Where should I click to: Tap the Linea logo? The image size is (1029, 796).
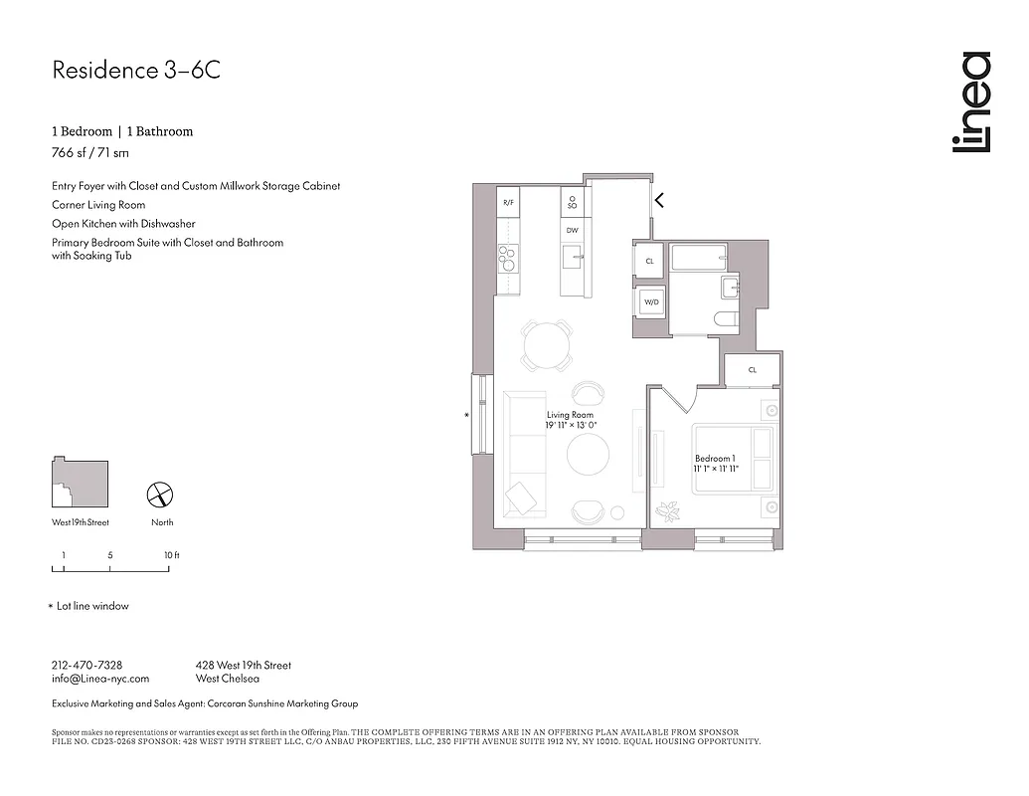click(x=970, y=102)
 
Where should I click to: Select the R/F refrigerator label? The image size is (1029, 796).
click(x=508, y=202)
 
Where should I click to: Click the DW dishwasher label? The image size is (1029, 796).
click(x=572, y=230)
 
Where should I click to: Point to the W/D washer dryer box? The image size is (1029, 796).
click(x=650, y=301)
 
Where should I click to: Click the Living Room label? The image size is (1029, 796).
click(x=570, y=415)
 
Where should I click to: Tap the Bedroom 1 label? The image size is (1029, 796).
click(x=715, y=459)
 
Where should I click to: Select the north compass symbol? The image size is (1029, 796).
click(x=161, y=495)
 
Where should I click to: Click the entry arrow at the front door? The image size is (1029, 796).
click(x=658, y=200)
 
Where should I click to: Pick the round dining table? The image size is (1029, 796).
click(x=548, y=346)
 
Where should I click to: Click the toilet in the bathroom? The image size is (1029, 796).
click(x=724, y=318)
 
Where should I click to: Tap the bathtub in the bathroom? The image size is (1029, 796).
click(x=700, y=258)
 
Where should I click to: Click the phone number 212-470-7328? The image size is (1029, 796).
click(x=86, y=665)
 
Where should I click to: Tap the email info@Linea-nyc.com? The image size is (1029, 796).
click(x=99, y=679)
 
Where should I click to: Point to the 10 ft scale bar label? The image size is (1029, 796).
click(x=171, y=555)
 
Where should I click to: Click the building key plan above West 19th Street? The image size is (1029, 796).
click(x=81, y=485)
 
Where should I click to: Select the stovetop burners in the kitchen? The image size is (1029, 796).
click(x=508, y=258)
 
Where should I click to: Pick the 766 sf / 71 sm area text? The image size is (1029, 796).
click(x=90, y=153)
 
